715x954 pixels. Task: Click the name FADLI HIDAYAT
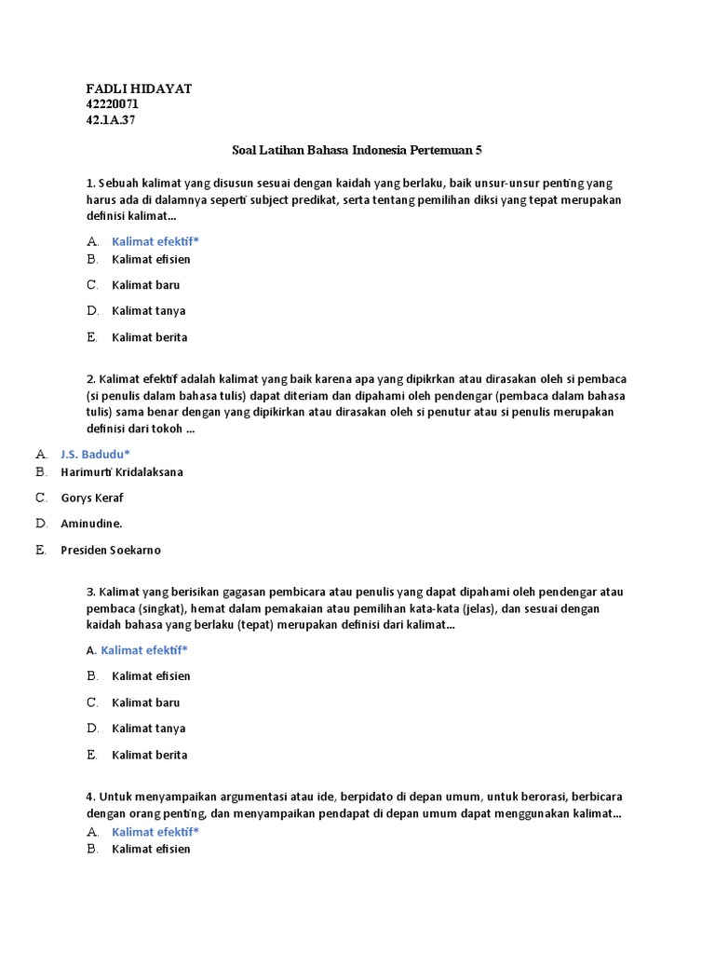click(139, 89)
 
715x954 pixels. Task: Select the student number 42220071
click(113, 104)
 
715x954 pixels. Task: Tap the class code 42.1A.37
click(111, 120)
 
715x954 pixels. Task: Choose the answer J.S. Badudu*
click(95, 454)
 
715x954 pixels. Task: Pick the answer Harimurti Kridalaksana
click(122, 471)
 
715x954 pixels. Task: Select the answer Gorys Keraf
click(92, 497)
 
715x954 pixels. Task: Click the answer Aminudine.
click(91, 524)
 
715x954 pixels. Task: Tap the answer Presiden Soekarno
click(111, 550)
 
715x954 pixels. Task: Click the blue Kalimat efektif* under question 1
click(155, 241)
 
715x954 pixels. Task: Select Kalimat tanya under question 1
click(148, 310)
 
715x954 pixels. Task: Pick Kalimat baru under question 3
click(145, 702)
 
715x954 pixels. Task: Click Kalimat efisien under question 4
click(151, 849)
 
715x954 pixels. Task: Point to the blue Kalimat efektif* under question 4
click(155, 832)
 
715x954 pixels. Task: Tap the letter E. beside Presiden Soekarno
click(41, 550)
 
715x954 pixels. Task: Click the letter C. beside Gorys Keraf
click(41, 497)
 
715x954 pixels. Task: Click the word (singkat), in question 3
click(159, 608)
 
